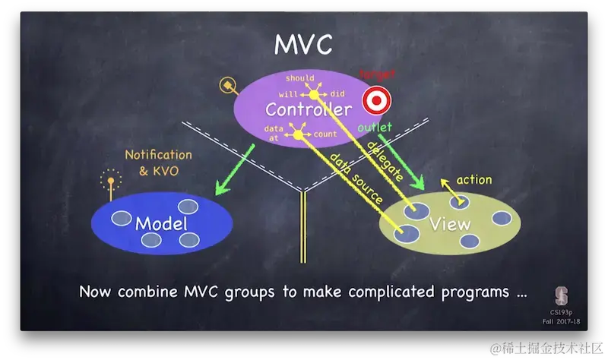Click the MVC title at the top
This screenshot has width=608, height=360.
(x=303, y=44)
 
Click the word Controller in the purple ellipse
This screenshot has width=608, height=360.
(x=308, y=109)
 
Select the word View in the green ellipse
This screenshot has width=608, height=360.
(x=449, y=224)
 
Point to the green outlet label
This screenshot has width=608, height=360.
(x=375, y=127)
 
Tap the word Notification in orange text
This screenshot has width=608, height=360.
(x=159, y=155)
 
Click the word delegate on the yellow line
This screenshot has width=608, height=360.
(x=385, y=162)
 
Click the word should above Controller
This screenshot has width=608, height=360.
(x=299, y=78)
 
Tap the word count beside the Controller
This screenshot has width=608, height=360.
(x=325, y=134)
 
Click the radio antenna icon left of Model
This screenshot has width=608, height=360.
(x=111, y=183)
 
